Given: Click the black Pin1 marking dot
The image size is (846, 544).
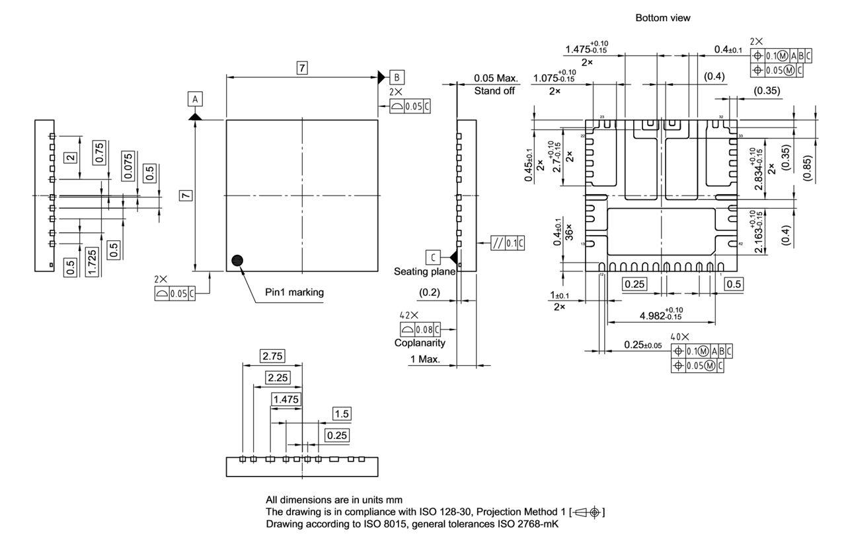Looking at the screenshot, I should pyautogui.click(x=237, y=260).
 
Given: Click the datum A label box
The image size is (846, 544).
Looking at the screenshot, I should pyautogui.click(x=194, y=99).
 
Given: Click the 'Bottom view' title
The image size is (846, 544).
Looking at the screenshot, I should pyautogui.click(x=662, y=18).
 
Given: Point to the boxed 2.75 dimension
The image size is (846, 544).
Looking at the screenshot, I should pyautogui.click(x=272, y=357).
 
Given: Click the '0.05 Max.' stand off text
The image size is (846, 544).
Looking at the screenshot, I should pyautogui.click(x=496, y=79).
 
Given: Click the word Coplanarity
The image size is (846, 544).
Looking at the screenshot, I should pyautogui.click(x=420, y=343).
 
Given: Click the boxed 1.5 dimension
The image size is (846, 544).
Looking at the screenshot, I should pyautogui.click(x=342, y=414).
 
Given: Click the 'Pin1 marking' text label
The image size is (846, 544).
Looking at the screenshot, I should pyautogui.click(x=294, y=292).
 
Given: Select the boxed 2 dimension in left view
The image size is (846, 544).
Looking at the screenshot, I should pyautogui.click(x=69, y=157).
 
